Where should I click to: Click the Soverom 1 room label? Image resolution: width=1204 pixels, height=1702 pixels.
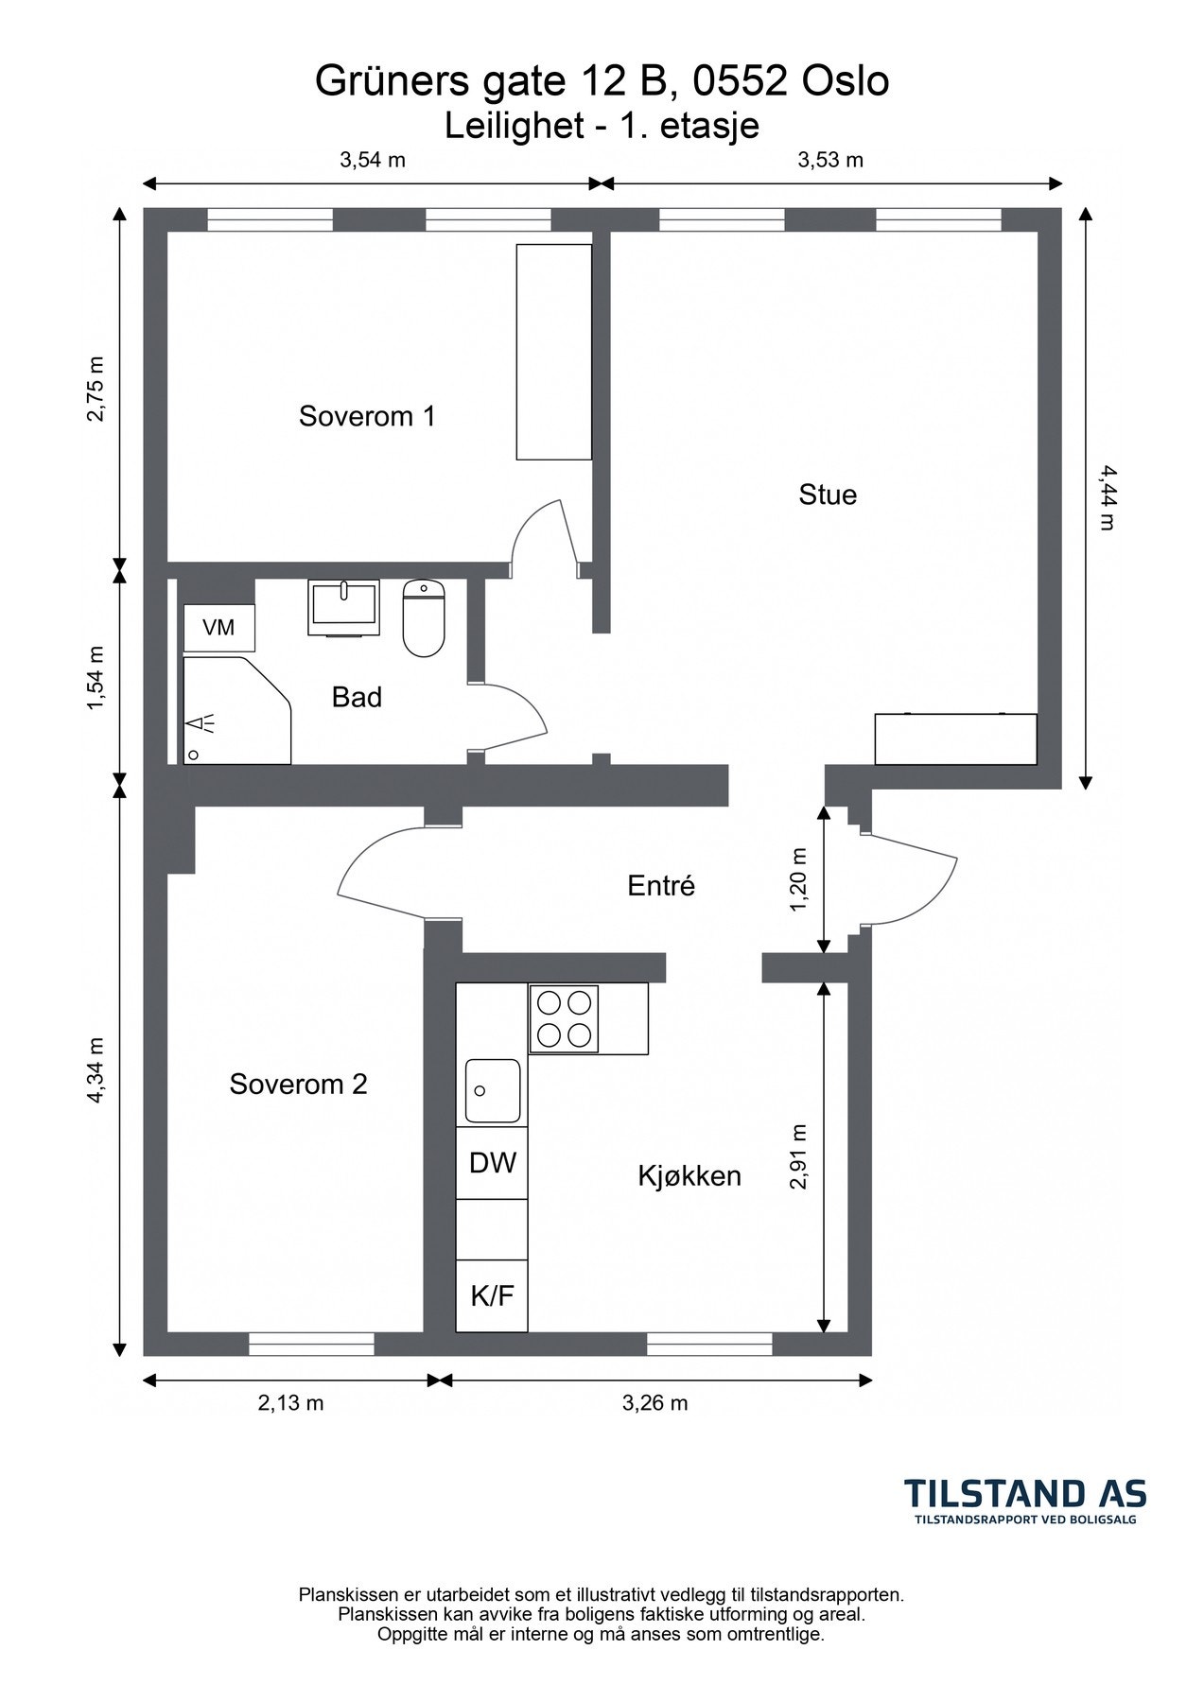tap(367, 416)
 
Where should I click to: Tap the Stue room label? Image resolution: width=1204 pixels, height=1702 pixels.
tap(828, 495)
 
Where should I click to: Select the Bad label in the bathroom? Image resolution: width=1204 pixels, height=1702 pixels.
tap(357, 697)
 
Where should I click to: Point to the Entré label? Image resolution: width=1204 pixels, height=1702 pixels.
tap(661, 886)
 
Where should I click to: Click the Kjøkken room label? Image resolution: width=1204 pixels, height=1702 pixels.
tap(689, 1176)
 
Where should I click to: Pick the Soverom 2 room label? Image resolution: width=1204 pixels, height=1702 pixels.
tap(298, 1084)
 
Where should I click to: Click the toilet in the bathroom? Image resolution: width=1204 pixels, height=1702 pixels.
tap(424, 618)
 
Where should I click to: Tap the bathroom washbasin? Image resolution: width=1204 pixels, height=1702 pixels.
tap(344, 607)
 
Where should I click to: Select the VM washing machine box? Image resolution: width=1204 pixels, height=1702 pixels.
tap(218, 627)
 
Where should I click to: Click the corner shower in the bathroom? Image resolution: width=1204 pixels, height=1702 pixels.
tap(236, 710)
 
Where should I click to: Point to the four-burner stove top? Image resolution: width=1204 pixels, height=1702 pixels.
tap(565, 1018)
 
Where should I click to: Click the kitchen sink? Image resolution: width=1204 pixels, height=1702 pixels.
tap(492, 1091)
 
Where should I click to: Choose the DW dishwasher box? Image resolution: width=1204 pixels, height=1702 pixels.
tap(492, 1163)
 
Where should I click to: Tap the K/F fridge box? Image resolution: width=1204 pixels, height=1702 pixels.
tap(492, 1295)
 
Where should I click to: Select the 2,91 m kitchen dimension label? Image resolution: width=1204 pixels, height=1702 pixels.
tap(799, 1156)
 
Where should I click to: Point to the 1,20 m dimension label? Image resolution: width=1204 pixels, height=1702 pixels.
tap(799, 879)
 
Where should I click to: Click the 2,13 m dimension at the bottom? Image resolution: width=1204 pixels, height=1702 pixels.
tap(290, 1403)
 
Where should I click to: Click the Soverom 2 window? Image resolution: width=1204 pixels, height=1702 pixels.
tap(311, 1344)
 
